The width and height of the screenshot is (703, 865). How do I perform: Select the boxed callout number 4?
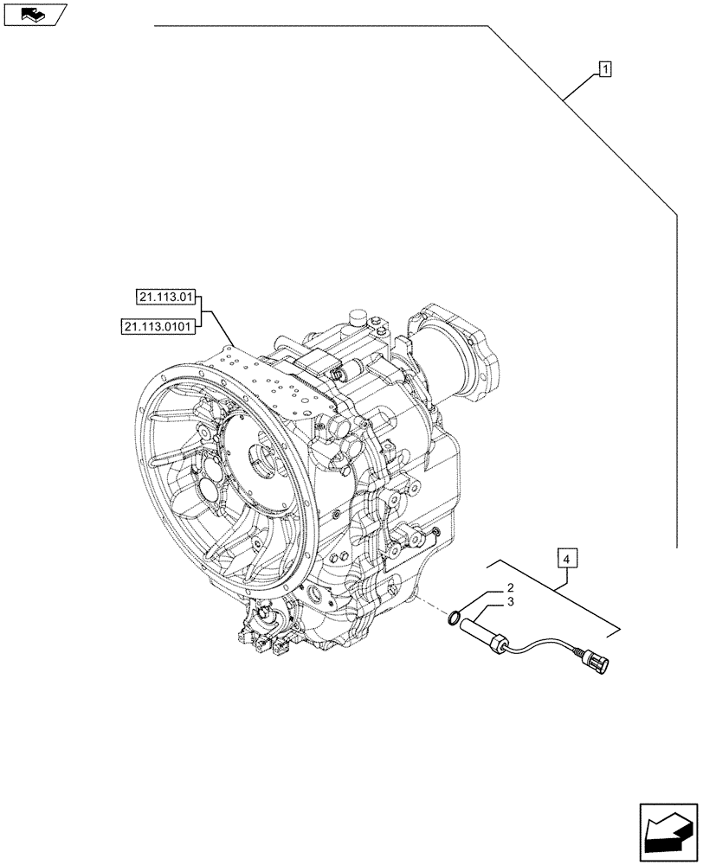(x=564, y=559)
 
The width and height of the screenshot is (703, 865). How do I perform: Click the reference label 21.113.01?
(x=166, y=298)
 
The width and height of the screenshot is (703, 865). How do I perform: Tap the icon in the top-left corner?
(x=34, y=14)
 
